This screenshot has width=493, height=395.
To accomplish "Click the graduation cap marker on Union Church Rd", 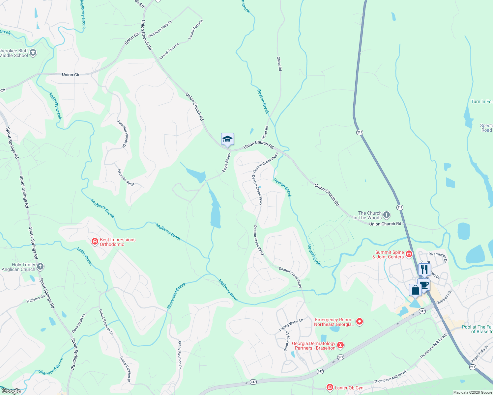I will pyautogui.click(x=227, y=139).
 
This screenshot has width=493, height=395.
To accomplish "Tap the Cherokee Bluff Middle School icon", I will pyautogui.click(x=33, y=53).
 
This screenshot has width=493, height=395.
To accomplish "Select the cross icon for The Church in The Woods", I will pyautogui.click(x=387, y=215).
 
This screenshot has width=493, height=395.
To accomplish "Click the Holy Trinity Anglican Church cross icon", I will pyautogui.click(x=40, y=267).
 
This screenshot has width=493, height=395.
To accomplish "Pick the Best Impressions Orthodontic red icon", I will pyautogui.click(x=95, y=242).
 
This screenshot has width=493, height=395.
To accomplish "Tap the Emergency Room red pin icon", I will pyautogui.click(x=360, y=322).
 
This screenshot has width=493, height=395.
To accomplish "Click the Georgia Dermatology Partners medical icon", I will pyautogui.click(x=340, y=345).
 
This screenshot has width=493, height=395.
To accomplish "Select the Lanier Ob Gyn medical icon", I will pyautogui.click(x=330, y=387).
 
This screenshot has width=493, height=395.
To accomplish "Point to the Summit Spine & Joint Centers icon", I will pyautogui.click(x=409, y=254).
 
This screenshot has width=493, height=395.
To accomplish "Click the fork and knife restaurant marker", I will pyautogui.click(x=424, y=269).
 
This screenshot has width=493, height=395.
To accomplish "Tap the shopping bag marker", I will pyautogui.click(x=415, y=290).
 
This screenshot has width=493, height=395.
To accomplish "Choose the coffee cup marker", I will pyautogui.click(x=424, y=285).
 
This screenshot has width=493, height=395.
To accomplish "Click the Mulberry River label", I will pyautogui.click(x=228, y=290).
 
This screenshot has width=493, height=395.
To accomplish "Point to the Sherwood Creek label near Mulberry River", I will pyautogui.click(x=176, y=296).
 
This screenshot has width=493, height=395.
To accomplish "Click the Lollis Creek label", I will pyautogui.click(x=85, y=256).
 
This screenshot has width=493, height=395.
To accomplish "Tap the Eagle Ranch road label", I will pyautogui.click(x=226, y=163).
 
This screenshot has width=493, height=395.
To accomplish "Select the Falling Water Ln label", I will pyautogui.click(x=291, y=325).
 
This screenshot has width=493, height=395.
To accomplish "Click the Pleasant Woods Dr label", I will pyautogui.click(x=122, y=134).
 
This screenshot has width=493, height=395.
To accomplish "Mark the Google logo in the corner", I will pyautogui.click(x=11, y=391).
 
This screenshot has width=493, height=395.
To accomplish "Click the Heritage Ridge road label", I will pyautogui.click(x=126, y=178).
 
